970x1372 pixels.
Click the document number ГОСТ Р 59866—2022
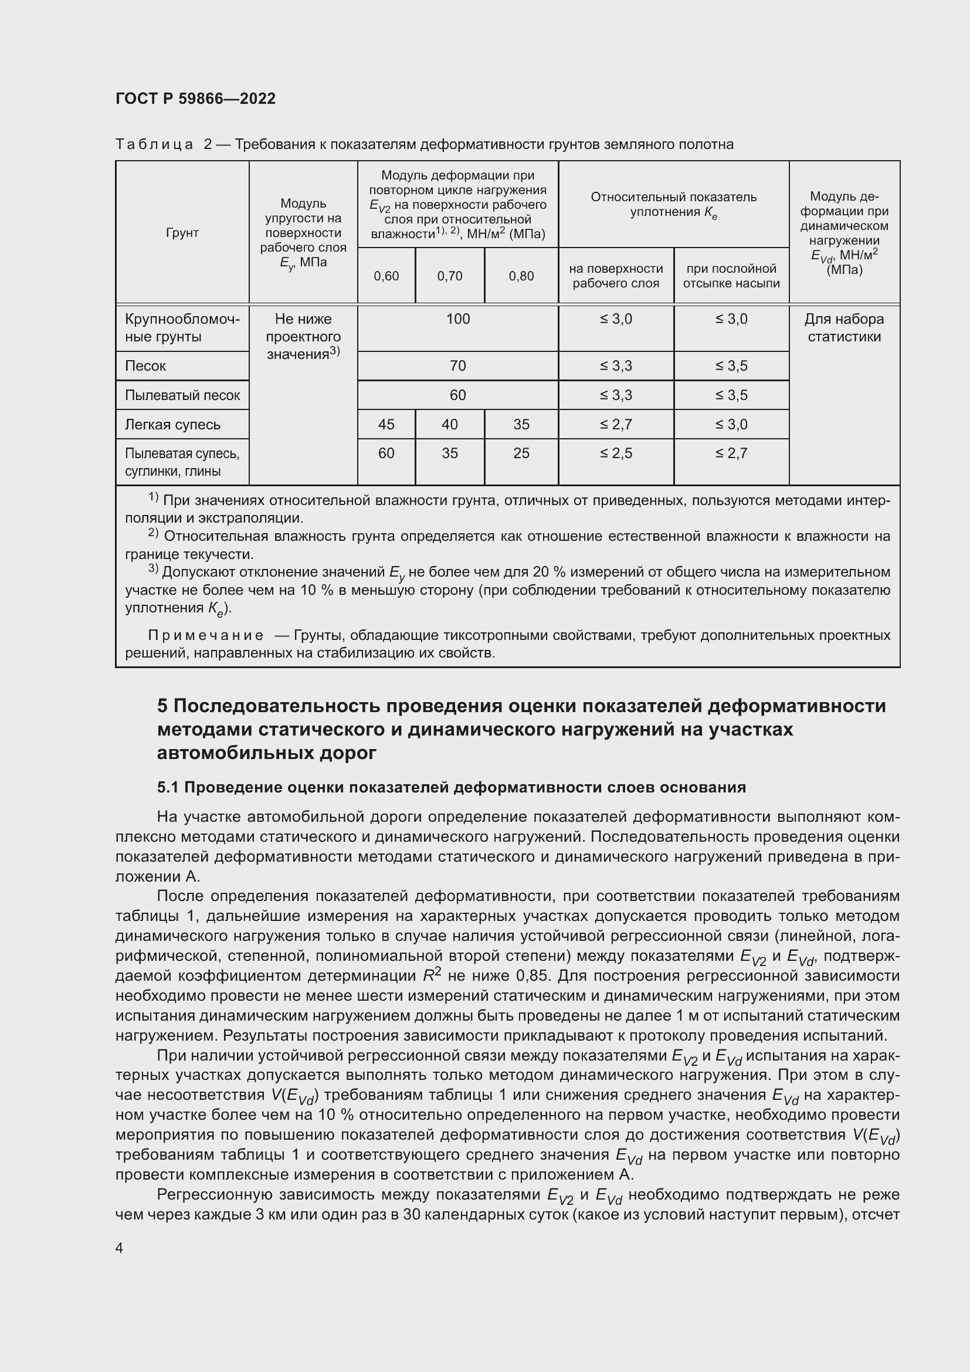195,99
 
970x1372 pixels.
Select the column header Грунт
182,232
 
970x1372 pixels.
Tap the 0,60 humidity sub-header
386,276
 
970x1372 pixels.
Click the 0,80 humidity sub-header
521,276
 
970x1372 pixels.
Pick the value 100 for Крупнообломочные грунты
457,319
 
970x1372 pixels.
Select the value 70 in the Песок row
457,365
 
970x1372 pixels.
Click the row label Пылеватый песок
182,395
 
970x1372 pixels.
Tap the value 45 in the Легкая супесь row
386,424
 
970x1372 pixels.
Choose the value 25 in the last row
521,453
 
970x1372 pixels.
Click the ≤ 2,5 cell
616,453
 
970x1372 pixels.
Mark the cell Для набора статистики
843,327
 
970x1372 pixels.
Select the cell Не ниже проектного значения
303,337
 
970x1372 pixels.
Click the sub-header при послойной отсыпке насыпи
731,276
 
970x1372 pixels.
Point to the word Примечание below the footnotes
205,635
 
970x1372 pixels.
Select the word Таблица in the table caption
154,145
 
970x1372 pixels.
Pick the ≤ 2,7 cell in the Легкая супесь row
616,424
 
